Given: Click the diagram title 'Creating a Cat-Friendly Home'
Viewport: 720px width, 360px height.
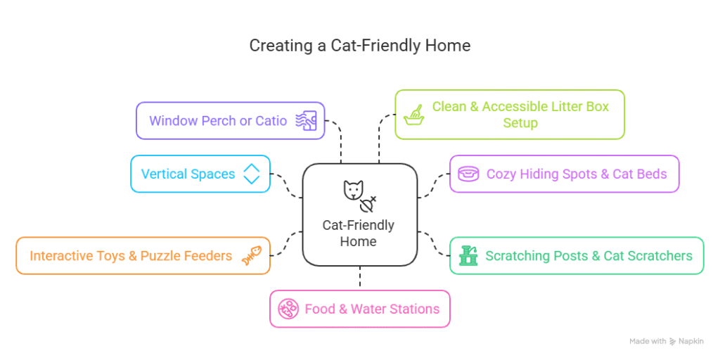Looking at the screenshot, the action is pyautogui.click(x=360, y=46).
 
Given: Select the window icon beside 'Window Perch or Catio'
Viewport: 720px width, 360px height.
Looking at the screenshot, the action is pyautogui.click(x=306, y=121).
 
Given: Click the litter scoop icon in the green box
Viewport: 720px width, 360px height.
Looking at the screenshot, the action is pyautogui.click(x=413, y=115).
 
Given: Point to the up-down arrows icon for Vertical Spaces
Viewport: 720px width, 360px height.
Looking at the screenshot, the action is pyautogui.click(x=251, y=174).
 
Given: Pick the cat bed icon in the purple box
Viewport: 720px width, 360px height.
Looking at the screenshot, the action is pyautogui.click(x=468, y=174).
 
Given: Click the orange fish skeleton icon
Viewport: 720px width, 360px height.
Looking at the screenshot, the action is pyautogui.click(x=252, y=256).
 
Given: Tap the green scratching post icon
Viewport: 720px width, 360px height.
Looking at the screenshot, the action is pyautogui.click(x=468, y=256).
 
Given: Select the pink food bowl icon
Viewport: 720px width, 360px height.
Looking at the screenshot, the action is pyautogui.click(x=288, y=309).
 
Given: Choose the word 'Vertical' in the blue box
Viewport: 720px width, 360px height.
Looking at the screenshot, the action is pyautogui.click(x=164, y=174).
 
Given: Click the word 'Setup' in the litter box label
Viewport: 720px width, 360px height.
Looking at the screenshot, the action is pyautogui.click(x=520, y=124).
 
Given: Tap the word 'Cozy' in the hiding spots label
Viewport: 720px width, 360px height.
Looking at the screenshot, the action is pyautogui.click(x=502, y=174).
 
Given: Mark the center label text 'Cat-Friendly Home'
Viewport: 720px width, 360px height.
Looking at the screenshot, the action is pyautogui.click(x=358, y=233).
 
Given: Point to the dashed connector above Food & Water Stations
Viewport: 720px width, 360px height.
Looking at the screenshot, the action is pyautogui.click(x=359, y=278).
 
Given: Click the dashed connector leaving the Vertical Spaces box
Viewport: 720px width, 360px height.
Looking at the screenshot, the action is pyautogui.click(x=287, y=185).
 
